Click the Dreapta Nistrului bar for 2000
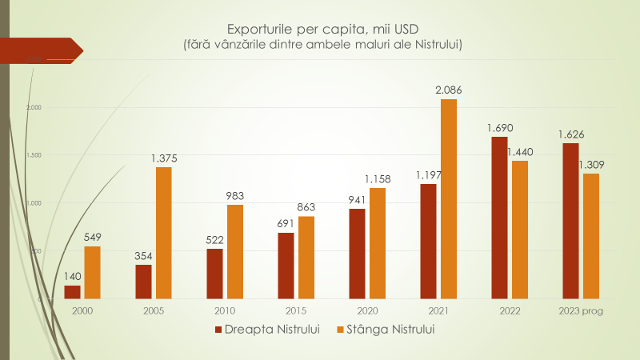72,292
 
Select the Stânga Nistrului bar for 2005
163,233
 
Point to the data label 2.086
449,90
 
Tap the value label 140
73,276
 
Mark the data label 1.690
499,127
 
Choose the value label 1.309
591,165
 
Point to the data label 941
357,200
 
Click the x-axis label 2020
366,310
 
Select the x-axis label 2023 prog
582,310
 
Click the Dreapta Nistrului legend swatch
218,330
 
